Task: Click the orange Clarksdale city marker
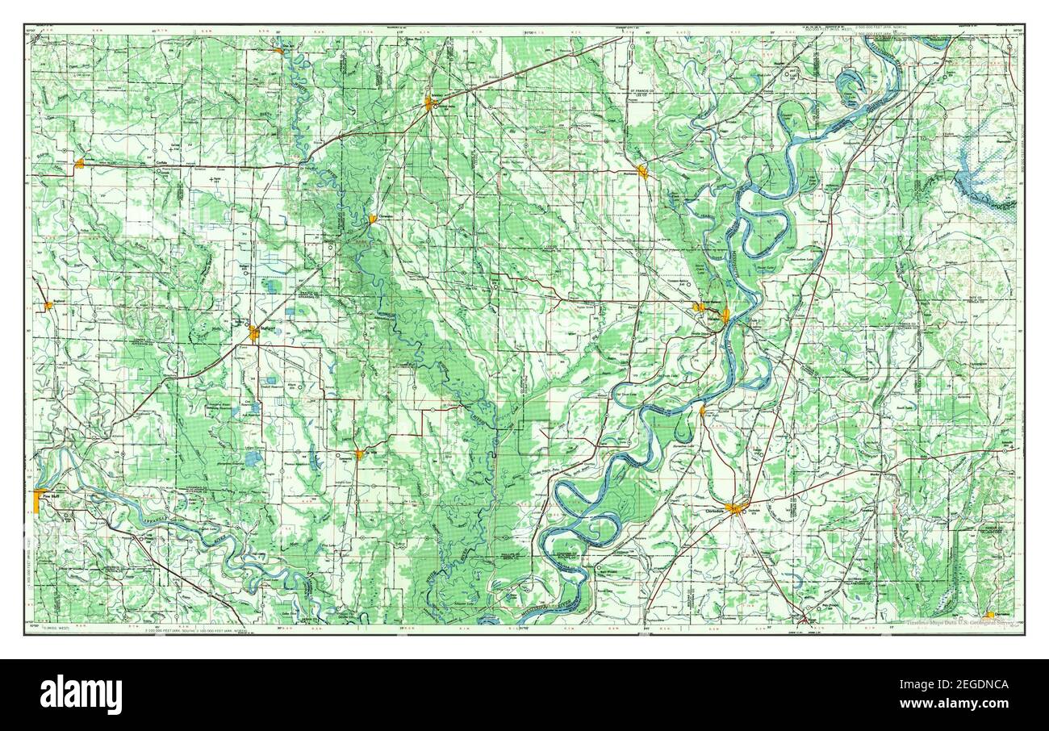click(735, 508)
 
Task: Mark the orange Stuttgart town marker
click(254, 332)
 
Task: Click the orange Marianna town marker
click(642, 171)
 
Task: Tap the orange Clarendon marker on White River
click(373, 219)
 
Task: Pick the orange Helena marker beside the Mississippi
click(725, 315)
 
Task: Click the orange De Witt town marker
click(359, 454)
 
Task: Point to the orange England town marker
click(48, 305)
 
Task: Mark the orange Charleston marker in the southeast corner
click(990, 615)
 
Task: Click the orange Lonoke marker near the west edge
click(79, 165)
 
